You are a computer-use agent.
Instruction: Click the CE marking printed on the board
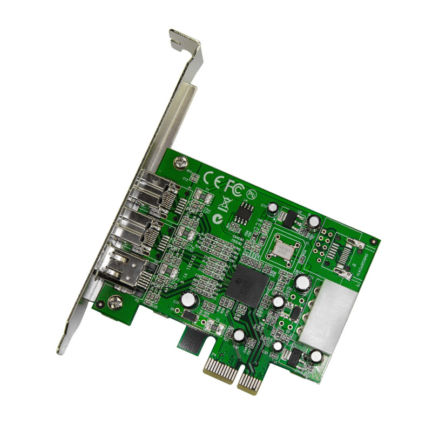pyautogui.click(x=212, y=178)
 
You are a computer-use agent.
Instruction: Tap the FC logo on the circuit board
pyautogui.click(x=233, y=187)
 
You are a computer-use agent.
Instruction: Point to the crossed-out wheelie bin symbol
pyautogui.click(x=224, y=205)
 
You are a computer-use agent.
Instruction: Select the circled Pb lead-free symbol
pyautogui.click(x=251, y=193)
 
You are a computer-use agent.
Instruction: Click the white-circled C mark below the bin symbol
pyautogui.click(x=217, y=219)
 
